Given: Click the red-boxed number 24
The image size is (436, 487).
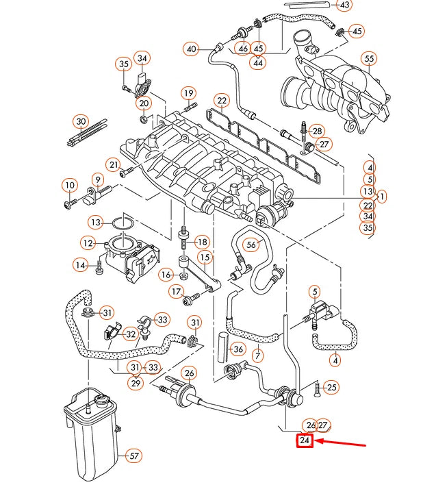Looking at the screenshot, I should point(305,441).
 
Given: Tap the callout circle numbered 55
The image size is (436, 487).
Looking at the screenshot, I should point(370,59).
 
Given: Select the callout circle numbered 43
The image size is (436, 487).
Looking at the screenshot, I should point(345,5).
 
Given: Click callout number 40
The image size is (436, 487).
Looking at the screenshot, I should point(191,49).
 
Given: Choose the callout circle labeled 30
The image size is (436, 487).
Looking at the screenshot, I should point(81,122).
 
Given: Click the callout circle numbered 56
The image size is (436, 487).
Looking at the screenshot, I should point(251,245).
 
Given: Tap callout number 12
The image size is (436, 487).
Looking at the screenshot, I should point(88,242).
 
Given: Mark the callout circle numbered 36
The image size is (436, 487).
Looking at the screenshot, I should point(238,349).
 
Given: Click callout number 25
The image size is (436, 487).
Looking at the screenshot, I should point(332,388).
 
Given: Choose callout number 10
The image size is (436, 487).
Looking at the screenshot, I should point(69,185).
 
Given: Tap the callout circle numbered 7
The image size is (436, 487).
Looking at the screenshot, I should point(257,355).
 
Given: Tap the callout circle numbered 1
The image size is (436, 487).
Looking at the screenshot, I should point(381,197).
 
